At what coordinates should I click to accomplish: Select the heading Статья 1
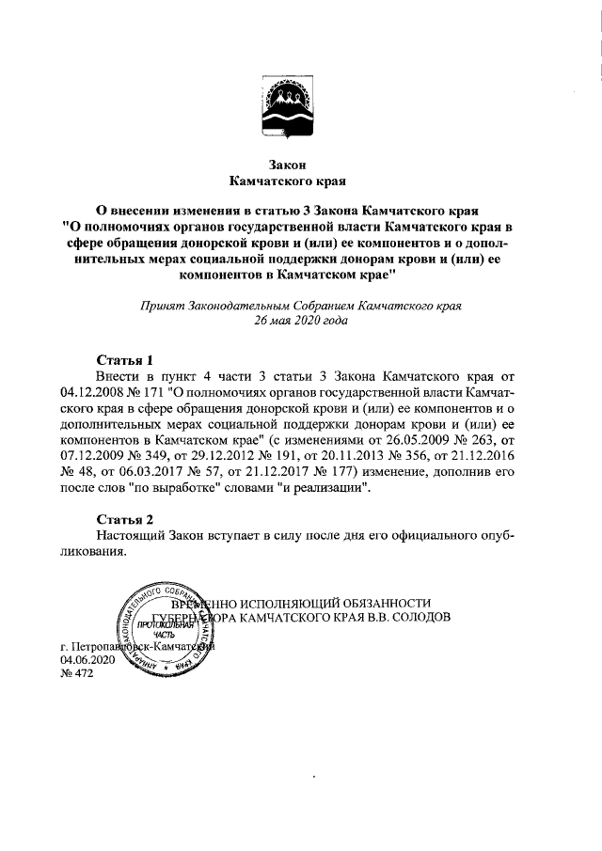coord(125,359)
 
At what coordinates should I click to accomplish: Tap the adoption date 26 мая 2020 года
coord(301,321)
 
